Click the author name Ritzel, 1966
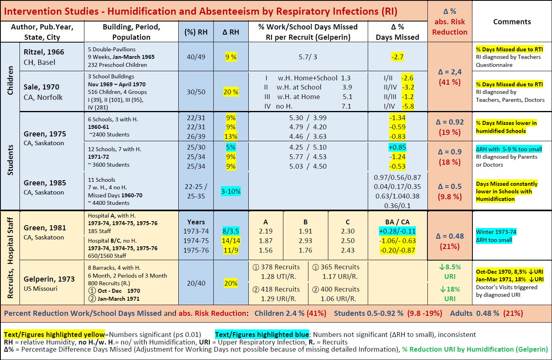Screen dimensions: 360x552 (x=44, y=52)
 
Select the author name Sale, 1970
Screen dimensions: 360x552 (x=41, y=87)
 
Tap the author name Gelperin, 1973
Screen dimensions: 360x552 (x=49, y=279)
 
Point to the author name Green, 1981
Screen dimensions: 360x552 (x=45, y=228)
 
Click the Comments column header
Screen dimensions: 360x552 (x=512, y=22)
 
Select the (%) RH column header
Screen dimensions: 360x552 (x=196, y=32)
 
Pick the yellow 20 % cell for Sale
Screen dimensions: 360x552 (x=231, y=92)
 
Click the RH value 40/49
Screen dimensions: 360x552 (x=196, y=57)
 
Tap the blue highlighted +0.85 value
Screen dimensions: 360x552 (x=397, y=147)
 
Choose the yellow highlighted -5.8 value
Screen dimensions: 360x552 (x=408, y=106)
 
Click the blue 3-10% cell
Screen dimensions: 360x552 (x=231, y=191)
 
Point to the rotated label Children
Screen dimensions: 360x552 (x=10, y=80)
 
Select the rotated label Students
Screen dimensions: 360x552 (x=10, y=160)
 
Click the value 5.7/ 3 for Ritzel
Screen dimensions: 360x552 (x=308, y=57)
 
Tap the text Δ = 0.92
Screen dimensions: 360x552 (x=450, y=122)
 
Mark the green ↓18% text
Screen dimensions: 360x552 (x=450, y=289)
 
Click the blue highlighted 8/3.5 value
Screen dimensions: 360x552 (x=231, y=231)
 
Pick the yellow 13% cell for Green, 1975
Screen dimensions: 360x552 (x=231, y=136)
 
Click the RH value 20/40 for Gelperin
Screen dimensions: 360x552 (x=196, y=283)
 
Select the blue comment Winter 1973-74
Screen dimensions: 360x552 (x=496, y=232)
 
